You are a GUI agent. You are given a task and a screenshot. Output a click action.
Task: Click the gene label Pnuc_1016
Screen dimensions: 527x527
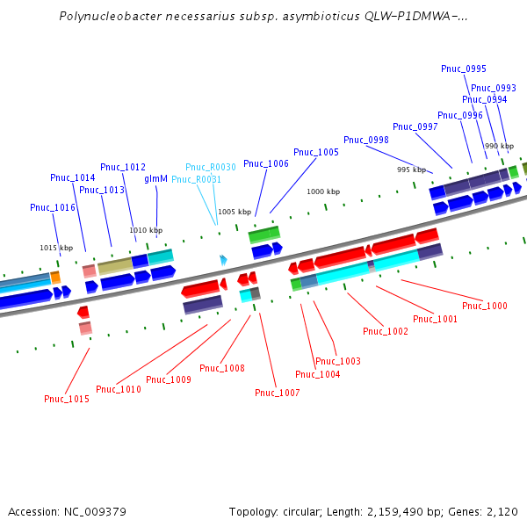pos(53,207)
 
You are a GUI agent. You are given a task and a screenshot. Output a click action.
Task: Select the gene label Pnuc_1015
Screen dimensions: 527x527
pos(67,399)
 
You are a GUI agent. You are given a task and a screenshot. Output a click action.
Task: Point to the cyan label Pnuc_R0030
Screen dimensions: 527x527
pos(211,167)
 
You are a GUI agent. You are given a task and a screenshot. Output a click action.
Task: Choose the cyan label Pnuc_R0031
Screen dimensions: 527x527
pos(196,179)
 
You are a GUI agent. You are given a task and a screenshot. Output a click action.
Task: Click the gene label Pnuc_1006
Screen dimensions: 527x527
pos(266,163)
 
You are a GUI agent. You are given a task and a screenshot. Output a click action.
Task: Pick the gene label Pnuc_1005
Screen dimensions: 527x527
pos(316,152)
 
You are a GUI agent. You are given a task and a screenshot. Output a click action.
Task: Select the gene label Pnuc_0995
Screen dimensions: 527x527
pos(464,69)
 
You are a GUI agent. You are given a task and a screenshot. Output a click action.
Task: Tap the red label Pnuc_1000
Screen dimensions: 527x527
pos(485,306)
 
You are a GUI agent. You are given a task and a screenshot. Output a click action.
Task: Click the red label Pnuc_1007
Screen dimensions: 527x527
pos(278,393)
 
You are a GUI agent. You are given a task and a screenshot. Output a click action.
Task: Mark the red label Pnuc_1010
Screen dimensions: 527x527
pos(119,389)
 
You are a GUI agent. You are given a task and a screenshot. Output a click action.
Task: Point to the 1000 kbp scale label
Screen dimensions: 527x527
pos(323,191)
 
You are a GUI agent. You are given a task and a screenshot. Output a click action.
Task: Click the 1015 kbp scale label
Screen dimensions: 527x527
pos(56,248)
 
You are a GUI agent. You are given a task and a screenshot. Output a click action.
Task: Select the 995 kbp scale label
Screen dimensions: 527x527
pos(411,170)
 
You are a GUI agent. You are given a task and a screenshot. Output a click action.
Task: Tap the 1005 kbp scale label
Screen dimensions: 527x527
pos(235,212)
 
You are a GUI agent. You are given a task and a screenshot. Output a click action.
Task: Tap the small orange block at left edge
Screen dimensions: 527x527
pos(55,277)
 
